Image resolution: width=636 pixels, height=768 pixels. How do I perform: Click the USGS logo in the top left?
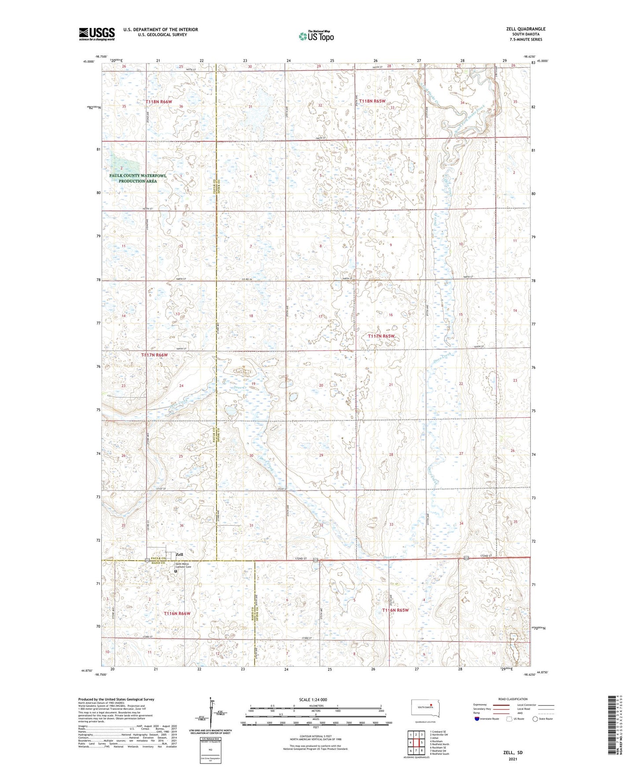coord(97,34)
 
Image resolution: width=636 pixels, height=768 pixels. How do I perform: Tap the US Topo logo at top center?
coord(316,36)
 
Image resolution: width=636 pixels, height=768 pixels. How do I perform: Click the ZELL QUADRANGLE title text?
coord(526,29)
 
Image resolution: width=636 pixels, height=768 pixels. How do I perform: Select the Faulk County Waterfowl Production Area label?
coord(132,178)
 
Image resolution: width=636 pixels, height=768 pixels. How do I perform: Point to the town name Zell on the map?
coord(179,554)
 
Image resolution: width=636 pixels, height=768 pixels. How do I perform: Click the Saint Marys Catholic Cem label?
coord(184,567)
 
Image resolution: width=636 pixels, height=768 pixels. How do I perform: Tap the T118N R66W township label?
coord(158,102)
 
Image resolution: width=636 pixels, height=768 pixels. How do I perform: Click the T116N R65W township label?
coord(395,610)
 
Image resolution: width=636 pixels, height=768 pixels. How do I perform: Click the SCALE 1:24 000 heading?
coord(312,700)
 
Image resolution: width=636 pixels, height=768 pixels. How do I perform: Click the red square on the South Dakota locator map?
coord(431,707)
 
